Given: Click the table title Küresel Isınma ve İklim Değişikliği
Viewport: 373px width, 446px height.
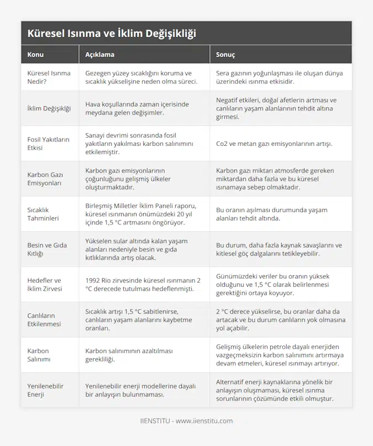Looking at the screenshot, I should pyautogui.click(x=111, y=33).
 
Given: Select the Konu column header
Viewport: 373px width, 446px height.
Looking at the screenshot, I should pyautogui.click(x=35, y=55).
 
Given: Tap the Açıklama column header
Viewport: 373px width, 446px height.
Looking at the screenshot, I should pyautogui.click(x=99, y=55).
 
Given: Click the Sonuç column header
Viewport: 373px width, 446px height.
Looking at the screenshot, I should pyautogui.click(x=225, y=55).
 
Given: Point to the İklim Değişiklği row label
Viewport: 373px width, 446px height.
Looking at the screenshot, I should pyautogui.click(x=49, y=108).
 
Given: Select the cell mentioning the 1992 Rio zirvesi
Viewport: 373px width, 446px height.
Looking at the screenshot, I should pyautogui.click(x=143, y=285).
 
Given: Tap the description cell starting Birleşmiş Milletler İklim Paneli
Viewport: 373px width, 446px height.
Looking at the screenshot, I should pyautogui.click(x=143, y=214).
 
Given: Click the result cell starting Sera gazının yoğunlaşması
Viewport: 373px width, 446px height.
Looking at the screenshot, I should pyautogui.click(x=279, y=77).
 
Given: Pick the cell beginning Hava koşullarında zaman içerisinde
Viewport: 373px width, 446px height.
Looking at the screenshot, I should pyautogui.click(x=136, y=108).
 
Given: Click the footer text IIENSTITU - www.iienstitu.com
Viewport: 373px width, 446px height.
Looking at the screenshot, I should pyautogui.click(x=186, y=421).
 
